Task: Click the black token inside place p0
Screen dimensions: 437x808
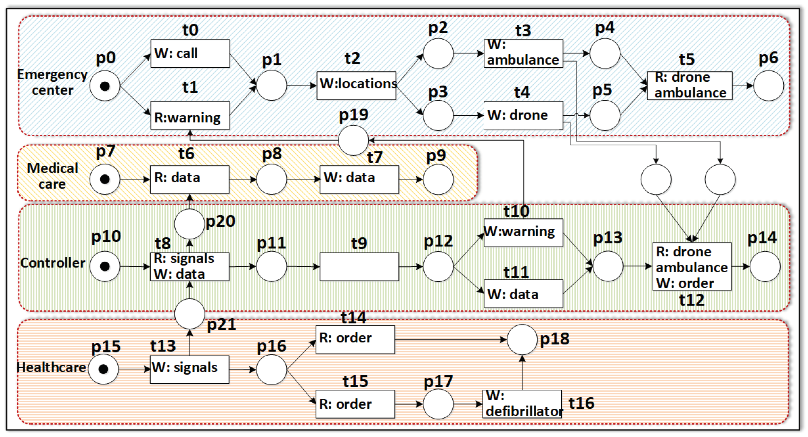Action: click(105, 86)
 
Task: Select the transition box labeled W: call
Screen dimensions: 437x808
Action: click(190, 53)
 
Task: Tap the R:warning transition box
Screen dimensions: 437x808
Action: click(190, 115)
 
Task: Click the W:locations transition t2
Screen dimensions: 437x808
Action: click(356, 85)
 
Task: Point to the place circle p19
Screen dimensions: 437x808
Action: click(353, 140)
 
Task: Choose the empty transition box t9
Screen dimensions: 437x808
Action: click(359, 267)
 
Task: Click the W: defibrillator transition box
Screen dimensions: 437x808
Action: click(522, 404)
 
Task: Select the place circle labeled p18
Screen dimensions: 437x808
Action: click(522, 339)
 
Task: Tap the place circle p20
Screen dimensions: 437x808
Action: click(189, 224)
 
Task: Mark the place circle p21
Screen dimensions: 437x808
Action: click(189, 314)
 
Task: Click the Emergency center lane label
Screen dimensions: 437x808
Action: click(52, 82)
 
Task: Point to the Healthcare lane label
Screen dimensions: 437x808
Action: click(51, 367)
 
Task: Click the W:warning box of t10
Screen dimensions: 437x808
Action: click(523, 233)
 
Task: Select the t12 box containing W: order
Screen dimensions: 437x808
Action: click(692, 267)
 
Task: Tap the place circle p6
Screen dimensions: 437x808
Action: click(768, 86)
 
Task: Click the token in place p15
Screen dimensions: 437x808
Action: click(103, 369)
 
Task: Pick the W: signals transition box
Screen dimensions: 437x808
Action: click(189, 369)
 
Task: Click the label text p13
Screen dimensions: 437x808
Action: click(608, 238)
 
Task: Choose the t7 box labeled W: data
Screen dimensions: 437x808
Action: click(359, 179)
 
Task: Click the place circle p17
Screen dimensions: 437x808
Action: click(438, 404)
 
